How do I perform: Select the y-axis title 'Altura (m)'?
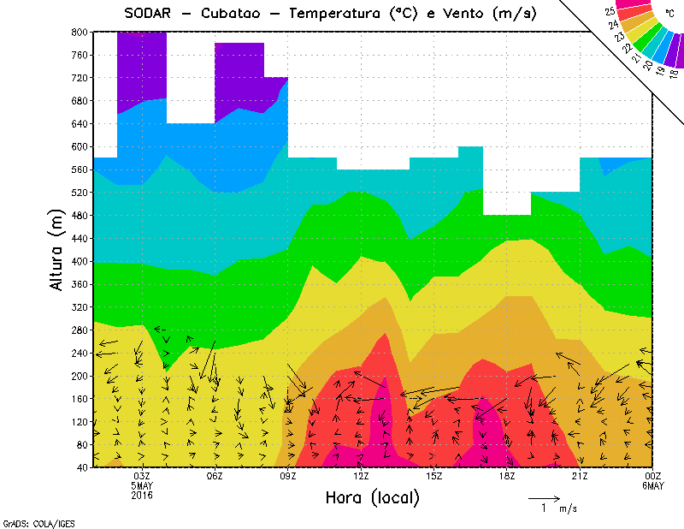58,247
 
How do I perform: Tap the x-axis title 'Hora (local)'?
372,497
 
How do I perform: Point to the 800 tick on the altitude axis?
78,32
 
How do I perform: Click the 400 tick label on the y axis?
78,262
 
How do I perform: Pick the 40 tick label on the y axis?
81,467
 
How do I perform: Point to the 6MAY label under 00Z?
652,486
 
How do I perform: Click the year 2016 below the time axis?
142,496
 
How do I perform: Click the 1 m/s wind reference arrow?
544,497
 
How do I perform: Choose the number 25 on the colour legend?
610,12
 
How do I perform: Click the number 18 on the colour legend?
674,74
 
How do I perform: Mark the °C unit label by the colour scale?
669,14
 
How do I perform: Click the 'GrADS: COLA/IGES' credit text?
31,521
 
